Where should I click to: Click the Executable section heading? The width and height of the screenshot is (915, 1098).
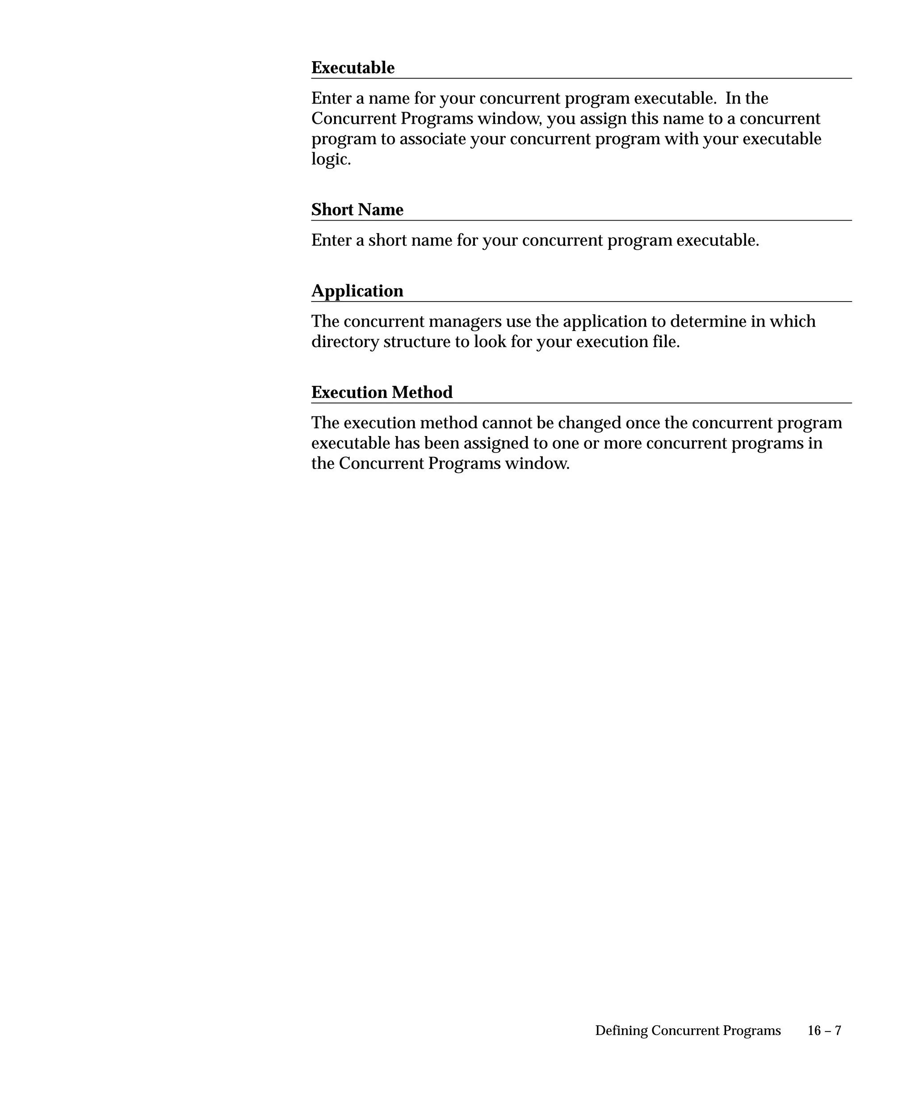tap(353, 67)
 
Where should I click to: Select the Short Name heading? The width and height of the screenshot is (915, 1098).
tap(357, 210)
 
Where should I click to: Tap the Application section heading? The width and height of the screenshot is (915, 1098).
tap(357, 291)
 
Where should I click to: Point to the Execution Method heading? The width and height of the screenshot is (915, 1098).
tap(382, 392)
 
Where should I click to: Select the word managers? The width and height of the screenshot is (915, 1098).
tap(464, 322)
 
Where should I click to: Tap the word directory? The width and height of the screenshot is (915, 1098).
tap(345, 342)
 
